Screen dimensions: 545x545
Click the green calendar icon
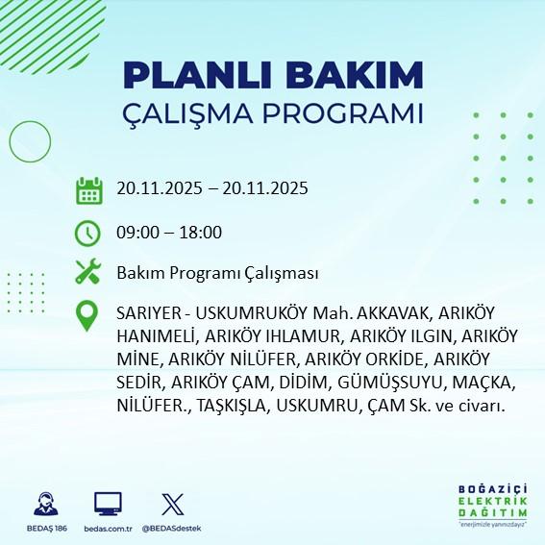tap(88, 189)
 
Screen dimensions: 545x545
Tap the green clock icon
tap(88, 233)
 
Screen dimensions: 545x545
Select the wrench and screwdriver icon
tap(88, 273)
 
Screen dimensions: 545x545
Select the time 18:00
tap(203, 233)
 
